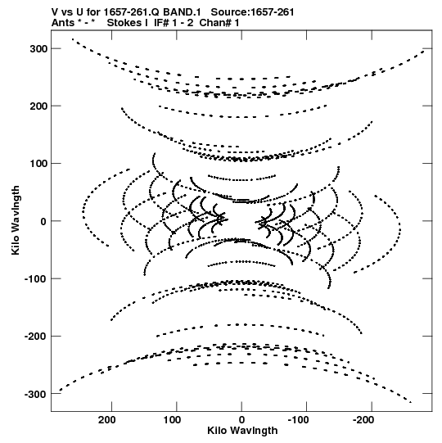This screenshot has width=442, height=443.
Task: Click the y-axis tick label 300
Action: click(38, 48)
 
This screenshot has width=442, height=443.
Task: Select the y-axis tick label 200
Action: click(38, 106)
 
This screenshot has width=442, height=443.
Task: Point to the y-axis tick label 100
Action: click(38, 164)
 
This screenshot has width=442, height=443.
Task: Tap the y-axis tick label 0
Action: click(43, 221)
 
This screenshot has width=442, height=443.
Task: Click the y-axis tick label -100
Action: click(35, 279)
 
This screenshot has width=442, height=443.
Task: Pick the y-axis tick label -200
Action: click(35, 337)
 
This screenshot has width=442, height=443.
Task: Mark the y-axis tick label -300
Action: click(35, 394)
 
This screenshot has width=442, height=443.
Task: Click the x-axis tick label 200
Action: click(107, 420)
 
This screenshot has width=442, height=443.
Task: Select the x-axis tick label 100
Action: click(172, 420)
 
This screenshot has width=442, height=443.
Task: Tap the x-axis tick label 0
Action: click(241, 420)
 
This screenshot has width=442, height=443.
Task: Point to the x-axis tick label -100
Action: click(298, 420)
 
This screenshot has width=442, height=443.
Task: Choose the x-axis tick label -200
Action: click(363, 420)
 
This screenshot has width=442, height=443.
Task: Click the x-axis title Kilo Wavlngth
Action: click(242, 431)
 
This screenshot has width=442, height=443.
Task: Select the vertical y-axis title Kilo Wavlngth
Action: click(16, 220)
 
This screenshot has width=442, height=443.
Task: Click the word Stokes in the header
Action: click(127, 23)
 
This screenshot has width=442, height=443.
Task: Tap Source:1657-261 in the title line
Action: click(252, 12)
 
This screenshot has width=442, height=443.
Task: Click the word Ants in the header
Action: click(63, 23)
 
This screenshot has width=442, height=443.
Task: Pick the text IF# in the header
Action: click(161, 23)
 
